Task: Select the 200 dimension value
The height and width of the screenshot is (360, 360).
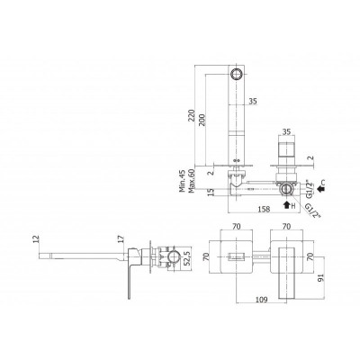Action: [x=202, y=120]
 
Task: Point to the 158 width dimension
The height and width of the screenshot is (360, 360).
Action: [x=265, y=209]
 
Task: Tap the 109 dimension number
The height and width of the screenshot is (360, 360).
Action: [x=261, y=300]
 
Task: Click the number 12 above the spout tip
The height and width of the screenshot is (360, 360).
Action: [x=36, y=238]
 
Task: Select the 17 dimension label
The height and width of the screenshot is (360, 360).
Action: [x=121, y=238]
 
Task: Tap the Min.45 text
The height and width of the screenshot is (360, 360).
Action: [x=182, y=180]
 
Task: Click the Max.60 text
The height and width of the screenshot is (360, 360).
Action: [x=192, y=180]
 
